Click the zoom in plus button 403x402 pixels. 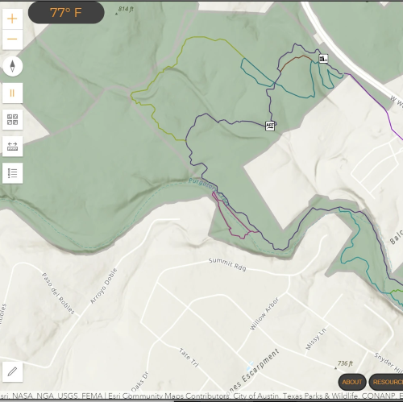12,18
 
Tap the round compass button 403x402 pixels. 13,66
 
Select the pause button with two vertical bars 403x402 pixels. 13,93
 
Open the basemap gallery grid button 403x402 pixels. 13,120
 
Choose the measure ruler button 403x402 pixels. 13,147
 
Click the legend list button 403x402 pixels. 13,172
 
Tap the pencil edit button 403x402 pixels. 13,371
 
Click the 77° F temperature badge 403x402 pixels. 66,12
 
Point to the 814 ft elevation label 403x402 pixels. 124,10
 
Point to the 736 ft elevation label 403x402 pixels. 344,364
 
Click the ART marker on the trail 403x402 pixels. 270,126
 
